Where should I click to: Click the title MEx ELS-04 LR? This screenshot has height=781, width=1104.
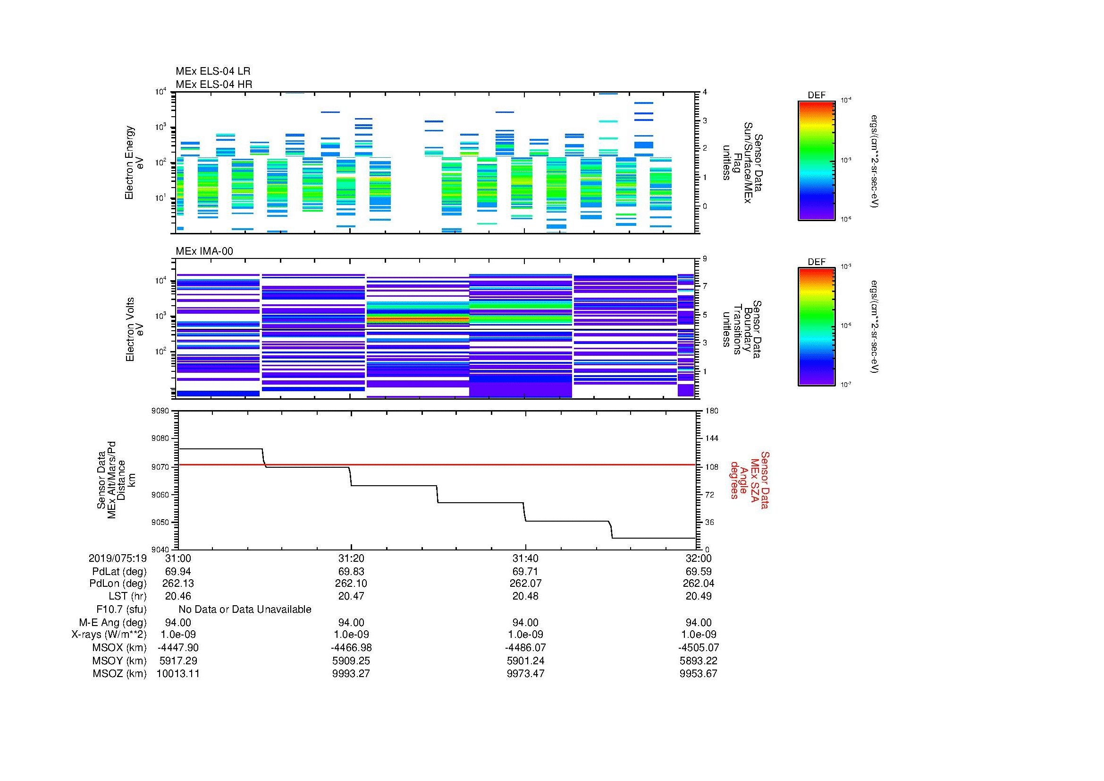pos(212,71)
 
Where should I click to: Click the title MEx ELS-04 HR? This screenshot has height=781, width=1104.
pos(213,84)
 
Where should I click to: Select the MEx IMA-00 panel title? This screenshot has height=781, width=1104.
pos(204,251)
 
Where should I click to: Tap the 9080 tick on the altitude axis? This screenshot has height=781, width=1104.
pos(160,438)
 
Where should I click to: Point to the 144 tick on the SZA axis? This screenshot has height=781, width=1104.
pos(711,438)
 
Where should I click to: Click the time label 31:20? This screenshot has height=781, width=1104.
pos(351,558)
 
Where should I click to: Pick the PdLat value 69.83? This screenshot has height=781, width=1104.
pos(351,572)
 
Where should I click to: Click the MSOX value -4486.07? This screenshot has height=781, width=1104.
pos(525,648)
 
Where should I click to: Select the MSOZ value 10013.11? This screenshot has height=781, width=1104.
pos(178,674)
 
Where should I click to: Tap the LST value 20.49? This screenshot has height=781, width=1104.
pos(698,596)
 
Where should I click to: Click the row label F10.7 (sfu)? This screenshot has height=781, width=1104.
pos(121,609)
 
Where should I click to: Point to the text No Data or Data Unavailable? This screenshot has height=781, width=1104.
pos(245,609)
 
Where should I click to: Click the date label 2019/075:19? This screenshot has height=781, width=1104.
pos(118,558)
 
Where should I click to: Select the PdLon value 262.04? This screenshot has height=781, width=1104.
pos(698,584)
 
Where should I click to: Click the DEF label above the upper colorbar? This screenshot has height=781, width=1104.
pos(816,95)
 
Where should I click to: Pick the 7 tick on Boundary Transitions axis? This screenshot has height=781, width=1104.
pos(705,286)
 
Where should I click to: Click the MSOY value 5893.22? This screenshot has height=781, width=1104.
pos(698,661)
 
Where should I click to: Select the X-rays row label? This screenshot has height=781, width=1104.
pos(109,635)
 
